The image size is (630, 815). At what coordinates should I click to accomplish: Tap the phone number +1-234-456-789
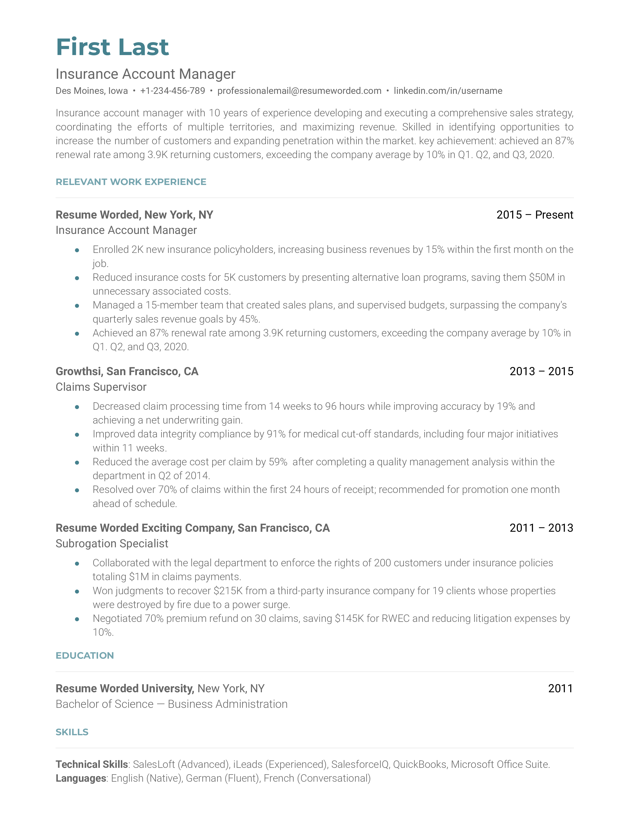point(172,91)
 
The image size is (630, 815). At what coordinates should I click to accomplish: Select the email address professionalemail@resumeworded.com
point(299,91)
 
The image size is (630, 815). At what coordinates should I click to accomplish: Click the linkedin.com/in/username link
point(448,91)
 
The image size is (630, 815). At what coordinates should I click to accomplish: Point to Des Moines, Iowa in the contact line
point(91,91)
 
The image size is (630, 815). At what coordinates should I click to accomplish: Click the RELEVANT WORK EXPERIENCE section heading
point(131,182)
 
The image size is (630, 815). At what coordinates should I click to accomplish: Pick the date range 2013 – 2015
point(541,371)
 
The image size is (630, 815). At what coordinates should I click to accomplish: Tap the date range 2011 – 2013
point(541,528)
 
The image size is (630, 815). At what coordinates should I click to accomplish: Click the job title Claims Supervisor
point(101,387)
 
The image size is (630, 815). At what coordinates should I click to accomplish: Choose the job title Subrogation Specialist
point(112,544)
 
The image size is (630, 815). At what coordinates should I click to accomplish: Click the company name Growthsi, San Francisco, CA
point(127,371)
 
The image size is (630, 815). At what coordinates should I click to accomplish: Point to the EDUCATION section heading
point(85,656)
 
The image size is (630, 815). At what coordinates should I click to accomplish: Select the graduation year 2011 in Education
point(560,689)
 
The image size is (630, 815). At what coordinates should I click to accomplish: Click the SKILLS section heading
point(72,732)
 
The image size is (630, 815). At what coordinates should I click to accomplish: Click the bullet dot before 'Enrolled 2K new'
point(77,250)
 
